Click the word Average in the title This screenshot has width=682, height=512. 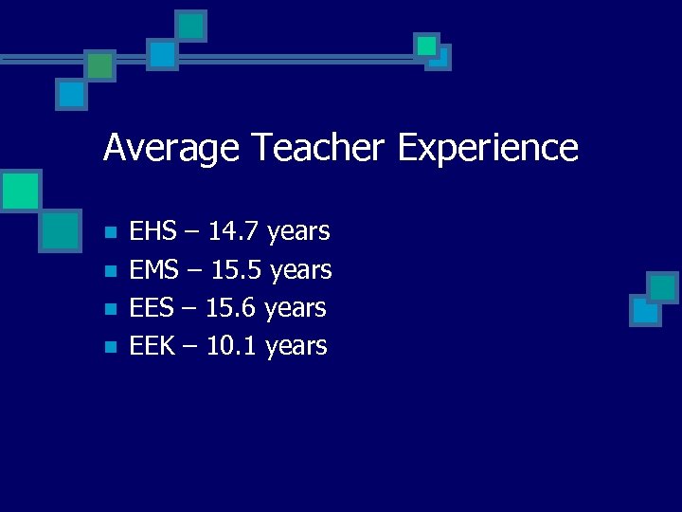(x=171, y=149)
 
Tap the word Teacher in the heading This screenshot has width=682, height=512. (x=317, y=149)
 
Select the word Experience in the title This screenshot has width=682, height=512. (x=487, y=149)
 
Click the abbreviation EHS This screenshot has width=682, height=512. (x=152, y=231)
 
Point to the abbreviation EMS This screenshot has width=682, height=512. (x=153, y=270)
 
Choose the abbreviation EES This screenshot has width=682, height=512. (x=151, y=308)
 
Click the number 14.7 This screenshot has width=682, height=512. (x=234, y=231)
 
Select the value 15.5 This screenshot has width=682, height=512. (x=237, y=270)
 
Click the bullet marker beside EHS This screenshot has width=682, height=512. (x=110, y=232)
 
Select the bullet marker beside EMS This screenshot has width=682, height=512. (x=110, y=271)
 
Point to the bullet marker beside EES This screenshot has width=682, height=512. (x=110, y=309)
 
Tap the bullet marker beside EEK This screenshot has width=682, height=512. (x=110, y=347)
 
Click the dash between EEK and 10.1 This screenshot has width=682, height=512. (x=190, y=347)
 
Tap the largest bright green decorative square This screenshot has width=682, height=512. (x=20, y=191)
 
